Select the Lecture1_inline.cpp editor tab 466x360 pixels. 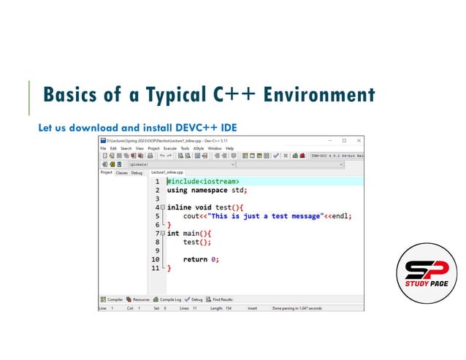168,172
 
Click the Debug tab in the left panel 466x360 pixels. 137,172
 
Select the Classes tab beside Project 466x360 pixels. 122,172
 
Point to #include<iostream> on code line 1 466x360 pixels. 204,181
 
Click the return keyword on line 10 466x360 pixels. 195,259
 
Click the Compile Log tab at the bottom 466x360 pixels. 169,299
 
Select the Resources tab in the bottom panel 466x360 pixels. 140,299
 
